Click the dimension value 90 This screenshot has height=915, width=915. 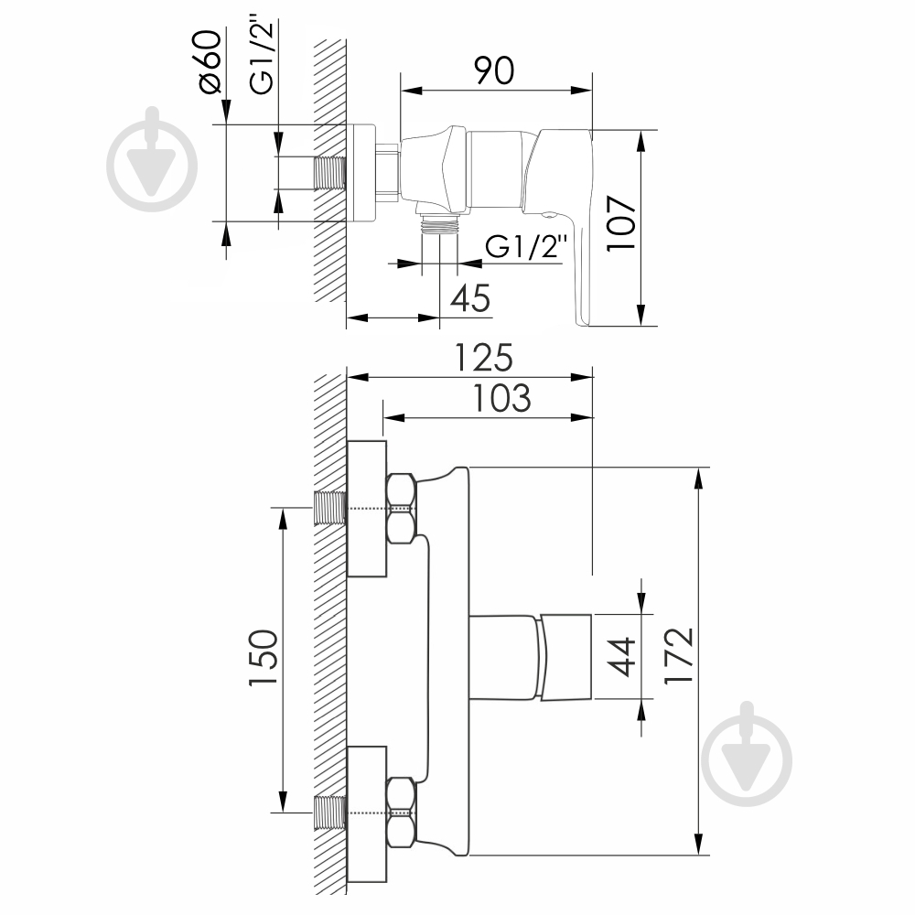(494, 71)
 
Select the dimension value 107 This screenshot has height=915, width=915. (620, 223)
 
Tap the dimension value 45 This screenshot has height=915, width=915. (470, 298)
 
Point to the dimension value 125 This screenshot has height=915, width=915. (484, 357)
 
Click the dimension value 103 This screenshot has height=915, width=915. (501, 398)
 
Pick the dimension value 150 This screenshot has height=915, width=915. (263, 658)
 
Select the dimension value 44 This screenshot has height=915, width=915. (620, 656)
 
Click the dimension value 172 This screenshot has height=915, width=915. (679, 655)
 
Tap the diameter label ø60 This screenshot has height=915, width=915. (210, 61)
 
